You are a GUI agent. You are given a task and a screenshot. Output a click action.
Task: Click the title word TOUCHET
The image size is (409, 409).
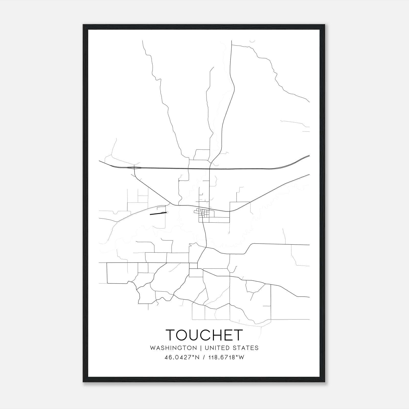tap(204, 335)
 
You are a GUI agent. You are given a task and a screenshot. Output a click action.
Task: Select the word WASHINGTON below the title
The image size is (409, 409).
tap(173, 348)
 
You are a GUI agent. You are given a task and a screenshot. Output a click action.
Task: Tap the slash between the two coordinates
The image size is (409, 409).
tap(204, 357)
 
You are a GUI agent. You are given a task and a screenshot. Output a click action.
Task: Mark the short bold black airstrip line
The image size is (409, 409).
tap(158, 213)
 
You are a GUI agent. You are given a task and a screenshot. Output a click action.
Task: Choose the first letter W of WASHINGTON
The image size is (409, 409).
tap(153, 348)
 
